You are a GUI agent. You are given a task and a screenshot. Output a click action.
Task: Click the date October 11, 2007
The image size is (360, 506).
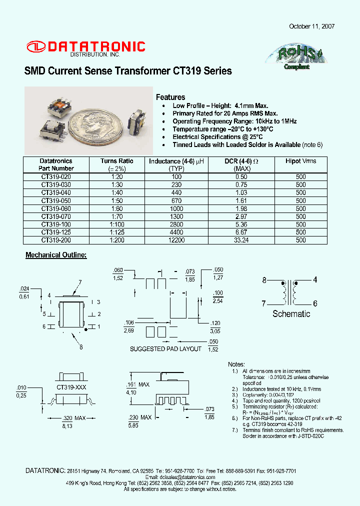[x=311, y=26]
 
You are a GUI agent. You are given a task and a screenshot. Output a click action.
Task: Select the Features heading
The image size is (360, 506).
[x=170, y=97]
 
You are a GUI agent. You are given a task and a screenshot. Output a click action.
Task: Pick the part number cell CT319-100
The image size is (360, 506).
[x=56, y=224]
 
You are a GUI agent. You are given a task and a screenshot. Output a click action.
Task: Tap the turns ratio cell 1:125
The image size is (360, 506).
[x=116, y=232]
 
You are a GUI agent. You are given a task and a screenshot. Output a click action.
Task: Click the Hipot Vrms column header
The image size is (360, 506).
[x=300, y=161]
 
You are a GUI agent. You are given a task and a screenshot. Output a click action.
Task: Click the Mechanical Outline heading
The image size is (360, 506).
[x=56, y=255]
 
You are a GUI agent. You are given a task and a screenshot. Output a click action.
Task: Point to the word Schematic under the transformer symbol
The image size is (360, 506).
[x=291, y=314]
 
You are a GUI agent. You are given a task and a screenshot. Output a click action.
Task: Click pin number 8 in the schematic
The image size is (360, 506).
[x=264, y=280]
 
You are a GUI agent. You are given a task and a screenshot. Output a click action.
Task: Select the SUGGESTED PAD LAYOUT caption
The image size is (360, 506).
[x=165, y=349]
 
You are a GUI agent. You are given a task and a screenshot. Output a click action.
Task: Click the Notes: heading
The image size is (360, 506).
[x=236, y=364]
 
